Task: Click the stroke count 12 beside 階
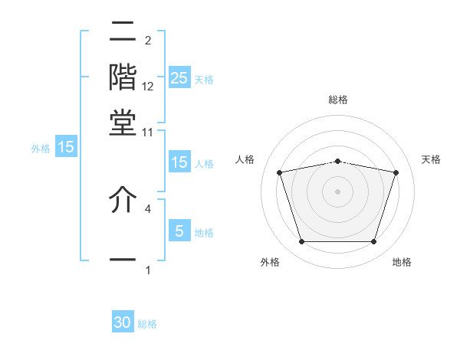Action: click(x=148, y=87)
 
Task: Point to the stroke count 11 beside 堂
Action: click(x=148, y=132)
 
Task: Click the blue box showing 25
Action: click(x=179, y=77)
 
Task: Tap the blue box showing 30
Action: click(x=123, y=322)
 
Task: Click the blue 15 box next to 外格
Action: click(x=66, y=147)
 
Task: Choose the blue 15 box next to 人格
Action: click(x=179, y=162)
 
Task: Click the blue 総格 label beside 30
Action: click(x=147, y=324)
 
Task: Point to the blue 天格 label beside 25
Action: click(x=204, y=79)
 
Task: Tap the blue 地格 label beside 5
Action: click(x=204, y=233)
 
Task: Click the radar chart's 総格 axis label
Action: click(x=337, y=100)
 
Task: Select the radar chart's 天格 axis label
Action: click(x=431, y=159)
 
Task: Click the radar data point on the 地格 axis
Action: click(x=373, y=242)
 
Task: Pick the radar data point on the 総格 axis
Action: click(x=337, y=161)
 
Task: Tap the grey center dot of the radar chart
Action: click(x=337, y=191)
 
